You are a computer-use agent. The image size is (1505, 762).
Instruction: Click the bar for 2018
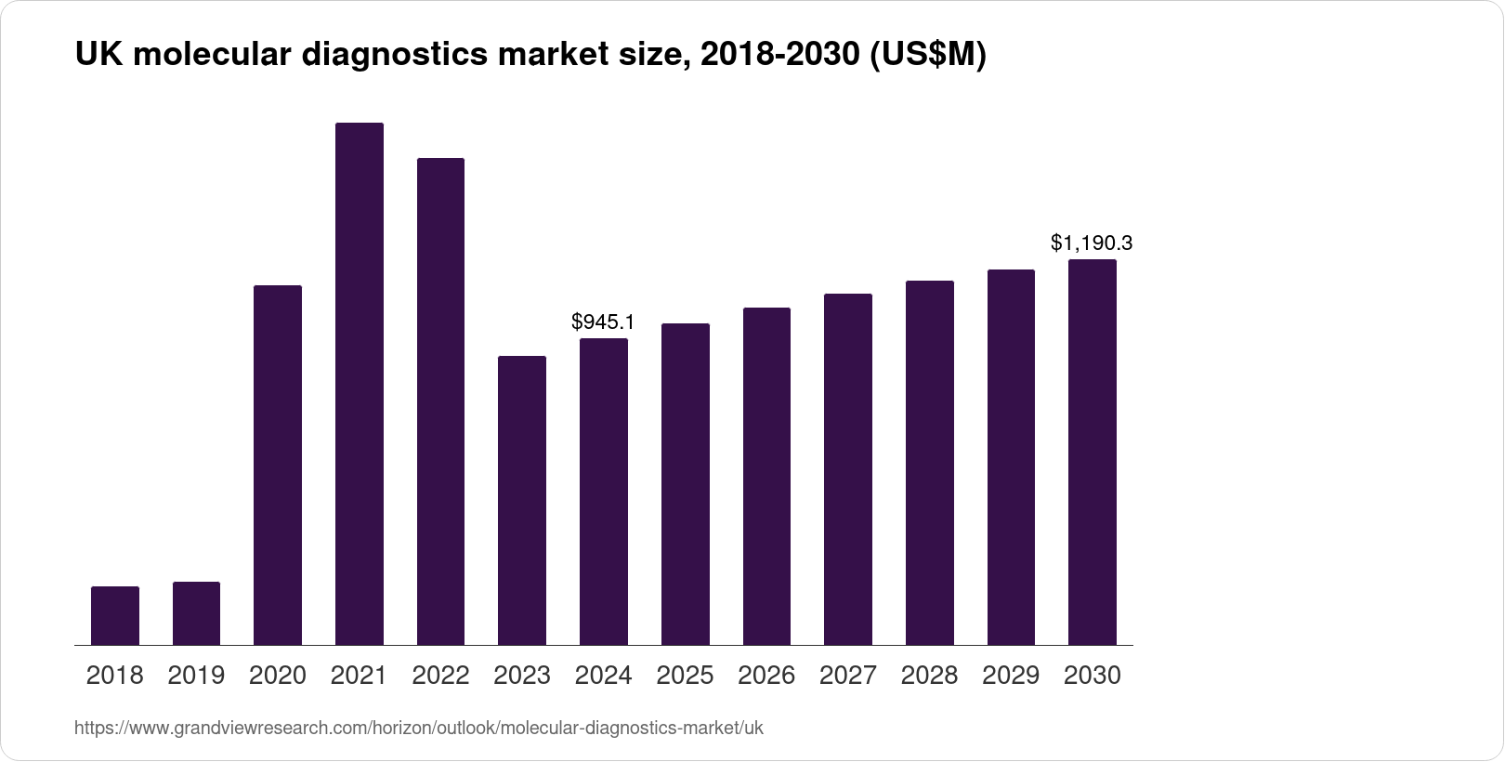(x=115, y=615)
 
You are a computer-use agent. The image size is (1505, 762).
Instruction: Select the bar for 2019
(x=196, y=613)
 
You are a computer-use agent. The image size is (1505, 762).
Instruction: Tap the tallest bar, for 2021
(x=360, y=384)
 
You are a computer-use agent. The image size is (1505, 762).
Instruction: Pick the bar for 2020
(x=278, y=465)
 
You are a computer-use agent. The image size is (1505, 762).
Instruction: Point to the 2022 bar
(x=440, y=401)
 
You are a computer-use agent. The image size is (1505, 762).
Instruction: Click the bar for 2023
(x=522, y=500)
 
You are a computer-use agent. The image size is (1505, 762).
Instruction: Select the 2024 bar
(x=603, y=492)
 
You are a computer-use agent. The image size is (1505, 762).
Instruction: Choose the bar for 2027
(x=847, y=469)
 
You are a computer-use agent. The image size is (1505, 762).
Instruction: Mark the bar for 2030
(x=1093, y=452)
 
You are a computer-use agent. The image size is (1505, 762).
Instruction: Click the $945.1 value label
(x=603, y=322)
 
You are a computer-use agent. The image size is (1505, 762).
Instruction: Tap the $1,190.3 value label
(x=1092, y=243)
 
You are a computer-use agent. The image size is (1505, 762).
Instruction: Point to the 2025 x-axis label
(x=685, y=676)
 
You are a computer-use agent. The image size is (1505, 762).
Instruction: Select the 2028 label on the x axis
(x=929, y=676)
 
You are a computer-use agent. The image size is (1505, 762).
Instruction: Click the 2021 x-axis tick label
(x=360, y=676)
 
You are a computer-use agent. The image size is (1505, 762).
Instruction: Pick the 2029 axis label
(x=1011, y=676)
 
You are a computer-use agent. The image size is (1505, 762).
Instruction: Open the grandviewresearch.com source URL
(x=418, y=728)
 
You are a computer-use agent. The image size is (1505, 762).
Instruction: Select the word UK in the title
(x=95, y=56)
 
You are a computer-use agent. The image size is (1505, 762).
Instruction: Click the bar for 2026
(x=766, y=476)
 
